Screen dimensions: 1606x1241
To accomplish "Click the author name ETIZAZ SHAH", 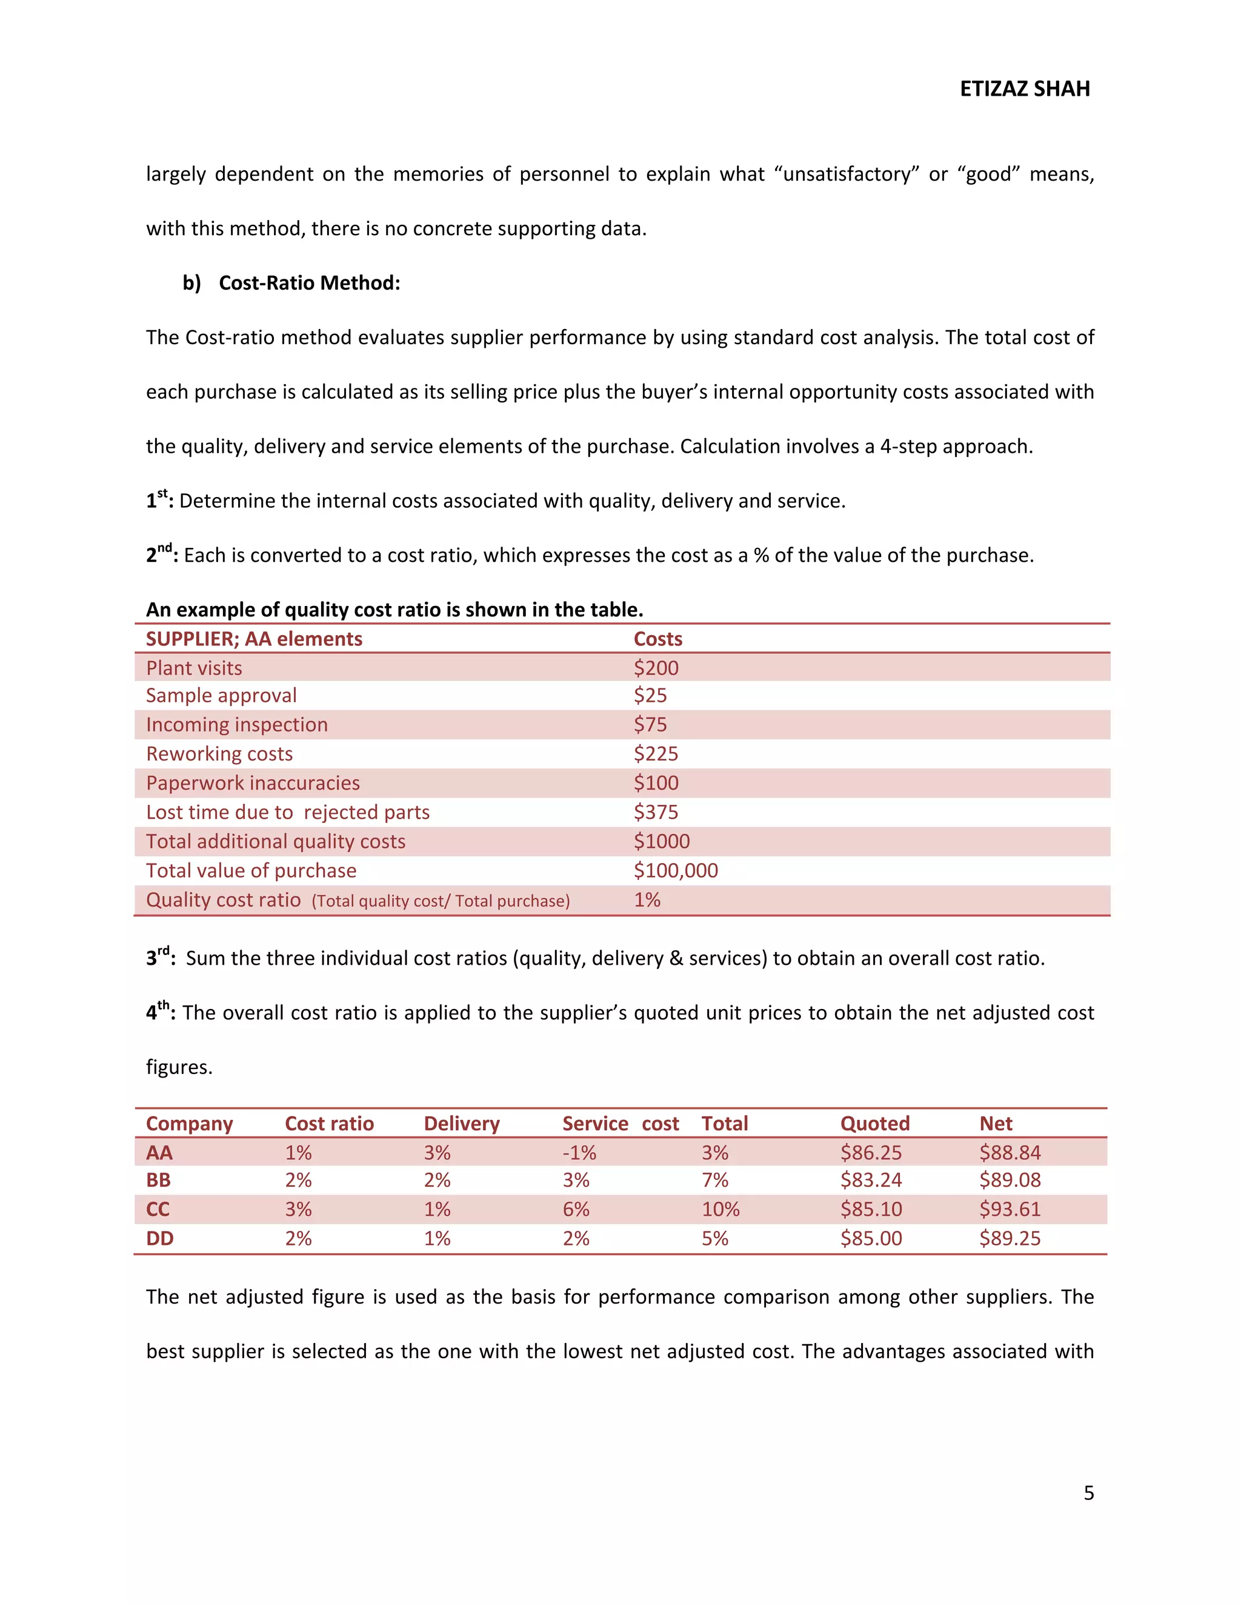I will [1024, 89].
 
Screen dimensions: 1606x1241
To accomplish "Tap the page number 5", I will [1088, 1493].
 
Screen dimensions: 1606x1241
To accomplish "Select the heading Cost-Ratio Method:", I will [309, 283].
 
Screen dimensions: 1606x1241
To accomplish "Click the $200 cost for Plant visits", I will [656, 668].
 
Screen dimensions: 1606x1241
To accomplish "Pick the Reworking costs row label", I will [219, 754].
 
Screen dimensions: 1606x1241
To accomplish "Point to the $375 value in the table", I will [656, 812].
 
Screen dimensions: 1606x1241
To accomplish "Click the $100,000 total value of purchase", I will [675, 871].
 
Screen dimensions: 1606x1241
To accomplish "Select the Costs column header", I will [657, 639].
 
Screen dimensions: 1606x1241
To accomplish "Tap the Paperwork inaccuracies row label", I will [253, 783].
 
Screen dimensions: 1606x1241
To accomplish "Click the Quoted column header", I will [874, 1124].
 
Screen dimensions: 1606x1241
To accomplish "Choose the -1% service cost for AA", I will [579, 1152].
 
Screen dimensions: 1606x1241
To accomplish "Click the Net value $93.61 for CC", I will [1010, 1209].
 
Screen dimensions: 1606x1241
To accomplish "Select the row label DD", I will [159, 1238].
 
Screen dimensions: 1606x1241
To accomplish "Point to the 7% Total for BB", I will [714, 1180].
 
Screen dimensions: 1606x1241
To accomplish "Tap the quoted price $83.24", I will [871, 1180].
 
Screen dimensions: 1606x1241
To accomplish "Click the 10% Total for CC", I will [720, 1209].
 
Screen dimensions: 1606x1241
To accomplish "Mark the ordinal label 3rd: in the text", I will [160, 958].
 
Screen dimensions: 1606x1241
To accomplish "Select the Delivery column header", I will [461, 1124].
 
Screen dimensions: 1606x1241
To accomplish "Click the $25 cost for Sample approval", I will [650, 696].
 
